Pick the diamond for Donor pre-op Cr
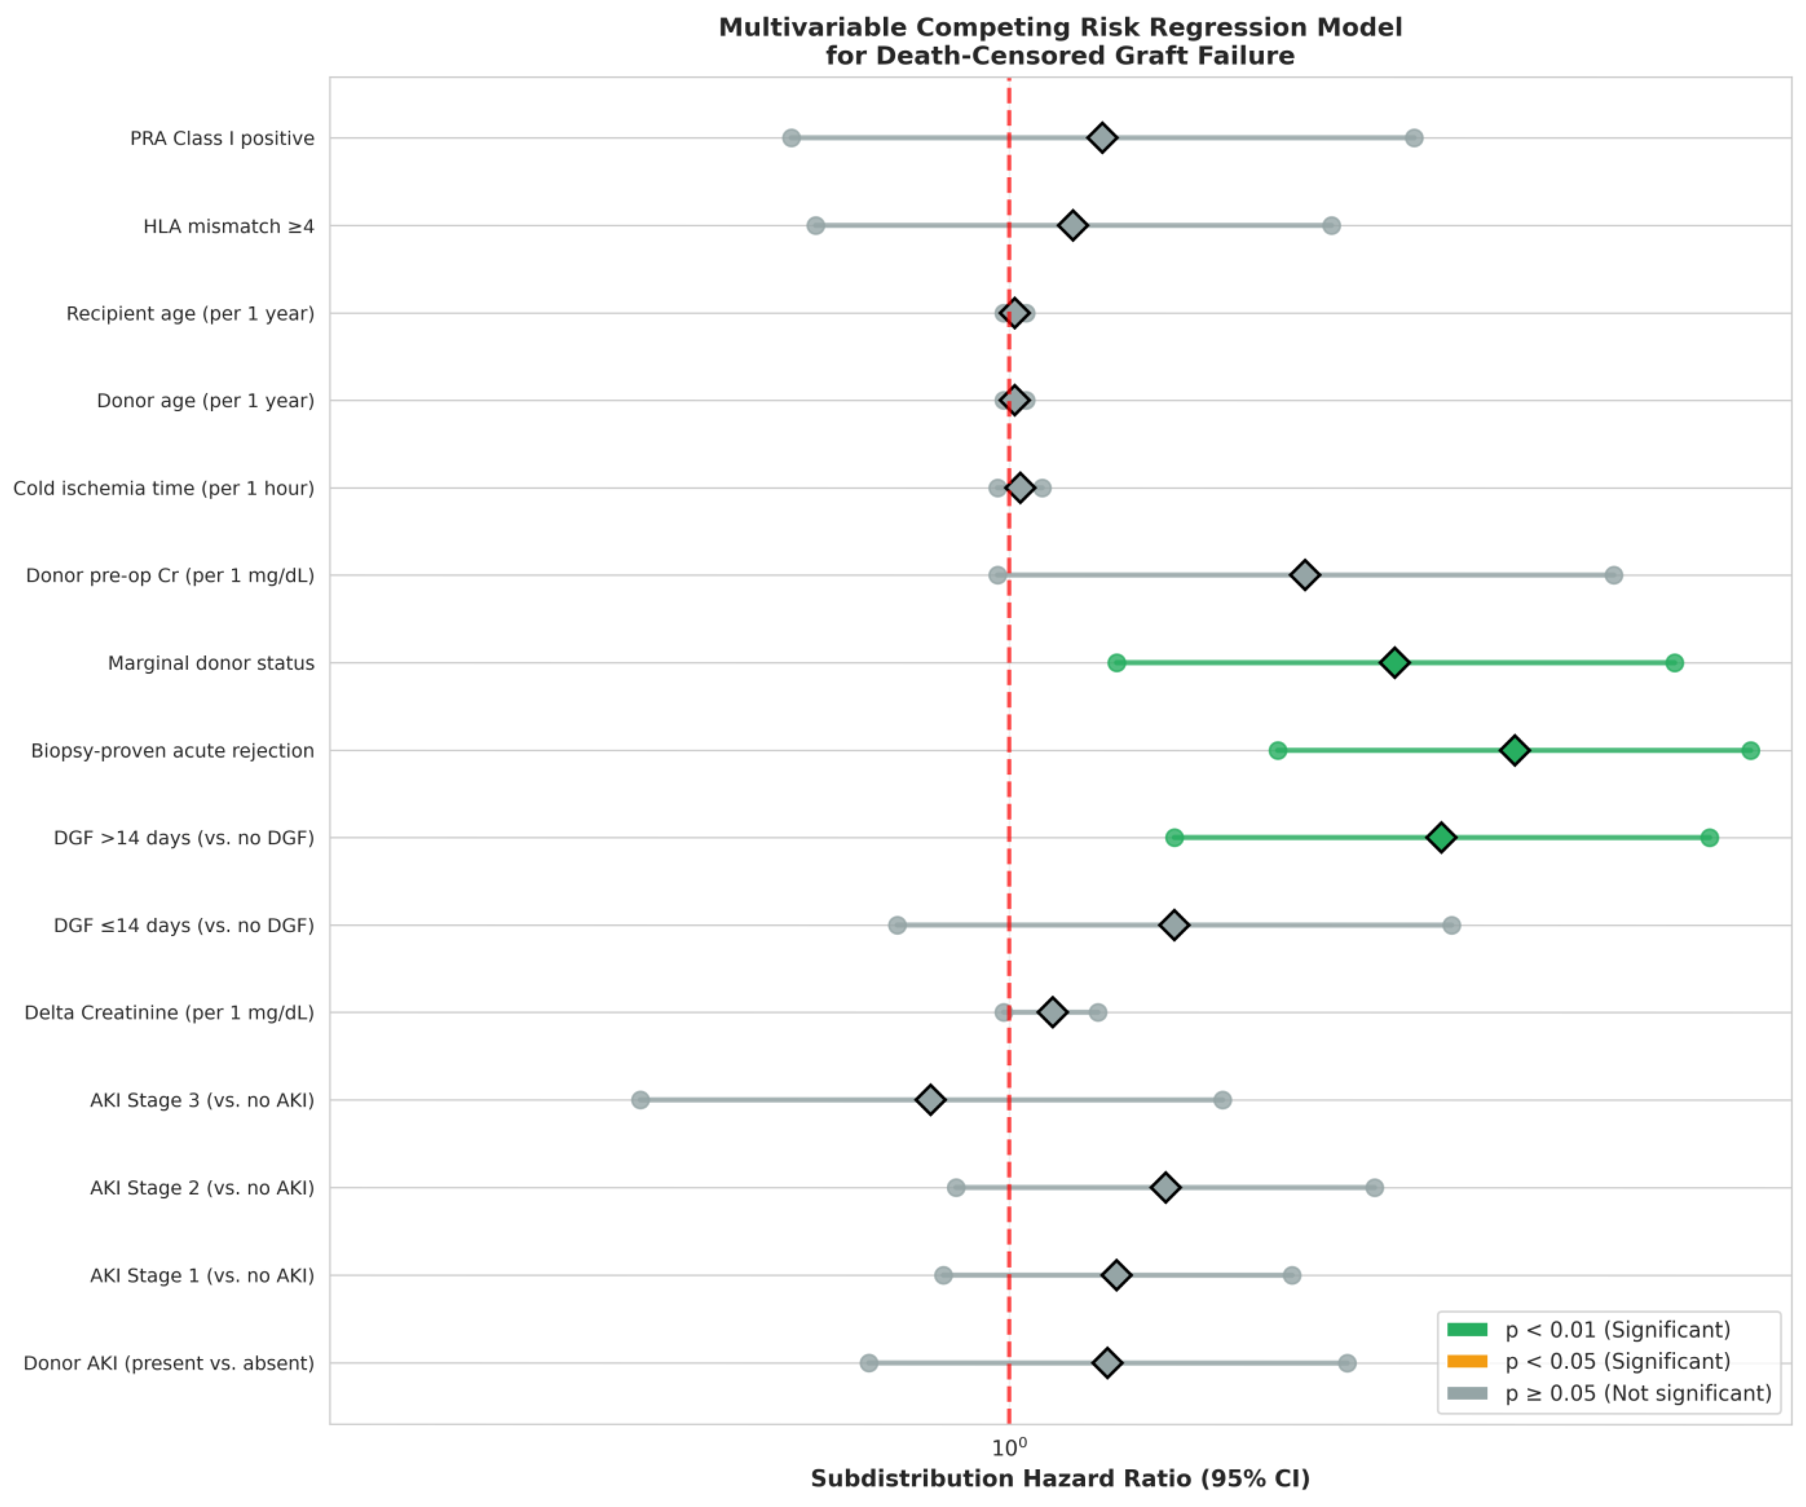click(x=1305, y=575)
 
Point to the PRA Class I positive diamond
click(x=1102, y=138)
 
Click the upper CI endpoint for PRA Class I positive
click(x=1414, y=138)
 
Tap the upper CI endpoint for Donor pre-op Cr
click(x=1614, y=575)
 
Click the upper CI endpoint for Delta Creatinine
click(x=1097, y=1012)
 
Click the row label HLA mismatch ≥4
click(x=229, y=226)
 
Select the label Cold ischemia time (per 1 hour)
click(x=163, y=488)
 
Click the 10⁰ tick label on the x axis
click(x=1009, y=1448)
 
